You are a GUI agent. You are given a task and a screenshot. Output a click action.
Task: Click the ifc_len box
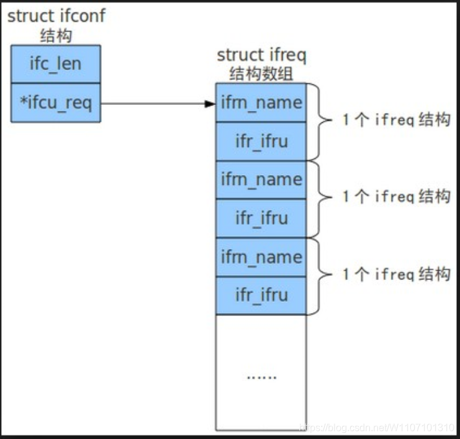(55, 63)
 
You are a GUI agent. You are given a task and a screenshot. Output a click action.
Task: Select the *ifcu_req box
(55, 102)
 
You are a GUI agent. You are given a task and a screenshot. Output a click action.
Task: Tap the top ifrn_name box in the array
(261, 102)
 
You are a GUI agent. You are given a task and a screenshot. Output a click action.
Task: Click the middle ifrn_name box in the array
(261, 179)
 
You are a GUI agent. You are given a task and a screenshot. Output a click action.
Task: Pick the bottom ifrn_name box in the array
(261, 257)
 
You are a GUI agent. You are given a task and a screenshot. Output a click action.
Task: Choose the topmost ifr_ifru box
(261, 141)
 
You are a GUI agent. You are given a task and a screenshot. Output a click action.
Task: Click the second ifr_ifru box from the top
(261, 219)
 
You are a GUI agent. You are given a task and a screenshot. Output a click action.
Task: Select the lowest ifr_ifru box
(261, 295)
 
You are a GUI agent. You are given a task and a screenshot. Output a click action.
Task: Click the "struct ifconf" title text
(56, 16)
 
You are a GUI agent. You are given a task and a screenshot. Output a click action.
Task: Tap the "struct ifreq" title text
(261, 55)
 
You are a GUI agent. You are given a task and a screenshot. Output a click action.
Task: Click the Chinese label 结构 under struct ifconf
(55, 35)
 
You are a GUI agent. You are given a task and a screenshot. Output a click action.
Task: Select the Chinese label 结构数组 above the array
(260, 75)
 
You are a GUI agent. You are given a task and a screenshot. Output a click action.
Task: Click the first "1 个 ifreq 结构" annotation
(396, 120)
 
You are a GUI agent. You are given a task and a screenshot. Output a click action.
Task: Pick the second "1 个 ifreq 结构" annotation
(396, 197)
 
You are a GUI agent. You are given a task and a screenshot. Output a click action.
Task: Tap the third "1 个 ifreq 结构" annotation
(396, 274)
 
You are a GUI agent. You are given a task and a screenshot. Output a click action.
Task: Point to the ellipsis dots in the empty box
(261, 376)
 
